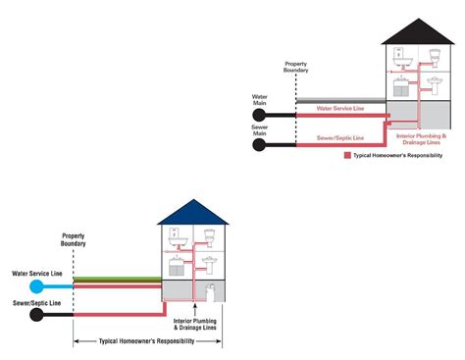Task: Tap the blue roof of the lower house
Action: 192,213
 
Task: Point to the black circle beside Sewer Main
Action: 260,145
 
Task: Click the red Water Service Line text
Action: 340,109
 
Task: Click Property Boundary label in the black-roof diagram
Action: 296,67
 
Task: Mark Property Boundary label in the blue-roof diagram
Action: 74,240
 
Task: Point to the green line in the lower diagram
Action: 118,280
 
